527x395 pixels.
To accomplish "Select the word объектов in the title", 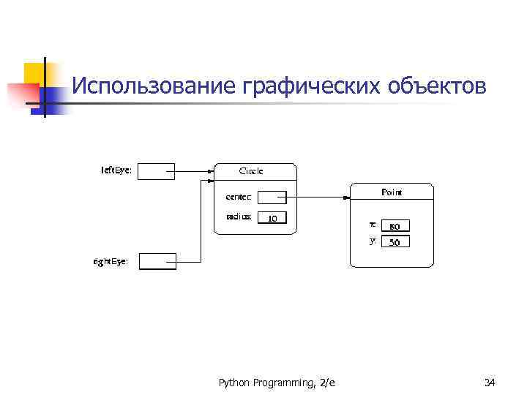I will point(435,86).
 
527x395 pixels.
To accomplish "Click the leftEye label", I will point(116,170).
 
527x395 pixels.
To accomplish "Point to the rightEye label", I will point(111,260).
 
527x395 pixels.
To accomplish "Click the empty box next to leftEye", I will point(156,171).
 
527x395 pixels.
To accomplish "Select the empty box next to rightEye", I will point(157,260).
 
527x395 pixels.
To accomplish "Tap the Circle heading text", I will point(251,171).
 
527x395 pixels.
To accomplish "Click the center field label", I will point(239,196).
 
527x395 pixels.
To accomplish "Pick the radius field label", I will point(239,217).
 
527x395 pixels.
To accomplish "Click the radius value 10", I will point(272,218).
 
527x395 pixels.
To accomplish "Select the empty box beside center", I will point(272,197).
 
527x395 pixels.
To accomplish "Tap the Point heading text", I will point(392,192).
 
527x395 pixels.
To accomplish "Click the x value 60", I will point(395,226).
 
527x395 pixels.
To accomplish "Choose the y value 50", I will point(395,242).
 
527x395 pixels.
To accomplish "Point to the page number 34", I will point(490,382).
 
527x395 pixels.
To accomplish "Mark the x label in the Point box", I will point(373,225).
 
